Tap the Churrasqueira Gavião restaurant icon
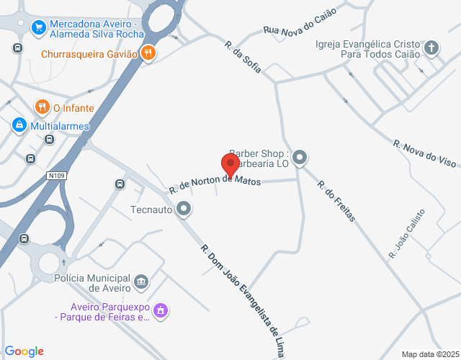(148, 53)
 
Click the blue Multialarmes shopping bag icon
(19, 125)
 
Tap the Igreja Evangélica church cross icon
(431, 48)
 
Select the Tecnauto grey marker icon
(184, 210)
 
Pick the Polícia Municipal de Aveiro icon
(141, 280)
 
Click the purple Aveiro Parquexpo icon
(161, 310)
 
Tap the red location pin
(231, 165)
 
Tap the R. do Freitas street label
(336, 199)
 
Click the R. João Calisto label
(406, 233)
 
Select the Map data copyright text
(430, 354)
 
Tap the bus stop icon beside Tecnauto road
(120, 184)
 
